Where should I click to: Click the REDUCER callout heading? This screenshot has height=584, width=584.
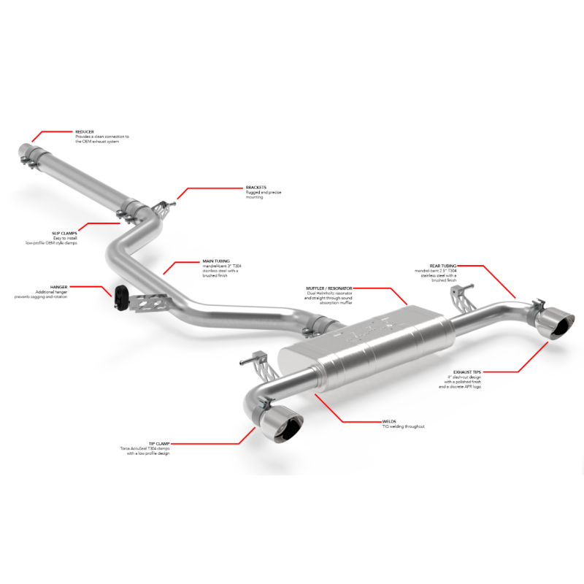[x=85, y=131]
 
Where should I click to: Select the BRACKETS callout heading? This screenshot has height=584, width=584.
[x=256, y=187]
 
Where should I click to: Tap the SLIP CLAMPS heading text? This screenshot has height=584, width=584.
[x=64, y=234]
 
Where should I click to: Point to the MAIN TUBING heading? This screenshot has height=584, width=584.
[x=215, y=260]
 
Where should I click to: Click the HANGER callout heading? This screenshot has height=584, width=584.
[x=59, y=288]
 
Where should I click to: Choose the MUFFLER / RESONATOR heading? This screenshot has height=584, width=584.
[x=329, y=288]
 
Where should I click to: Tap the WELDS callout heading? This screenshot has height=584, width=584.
[x=389, y=421]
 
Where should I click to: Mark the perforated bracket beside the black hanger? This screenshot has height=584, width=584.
[x=150, y=301]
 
